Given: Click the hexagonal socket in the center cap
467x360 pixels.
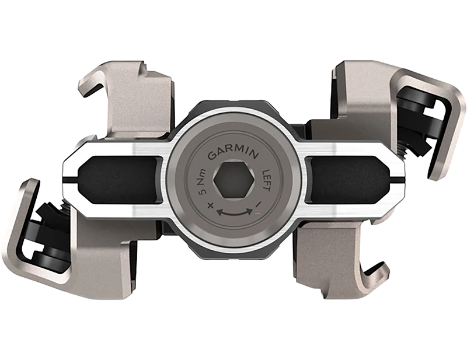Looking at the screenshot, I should coord(233,182).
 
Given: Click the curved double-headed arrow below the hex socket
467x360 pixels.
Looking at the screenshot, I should coord(233,213).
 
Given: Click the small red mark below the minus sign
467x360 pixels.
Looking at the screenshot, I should coord(256,214).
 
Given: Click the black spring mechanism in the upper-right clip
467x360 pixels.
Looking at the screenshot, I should coord(418,114).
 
